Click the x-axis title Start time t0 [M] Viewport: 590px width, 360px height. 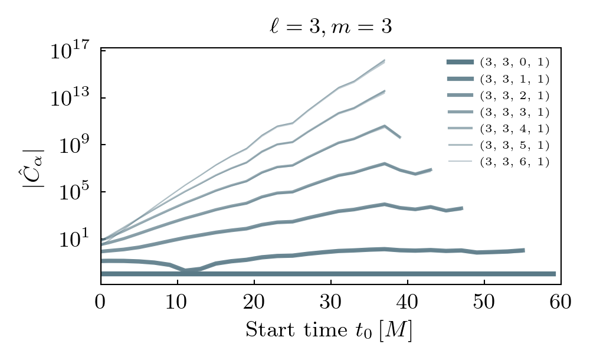tap(329, 330)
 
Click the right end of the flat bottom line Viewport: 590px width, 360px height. tap(555, 274)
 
